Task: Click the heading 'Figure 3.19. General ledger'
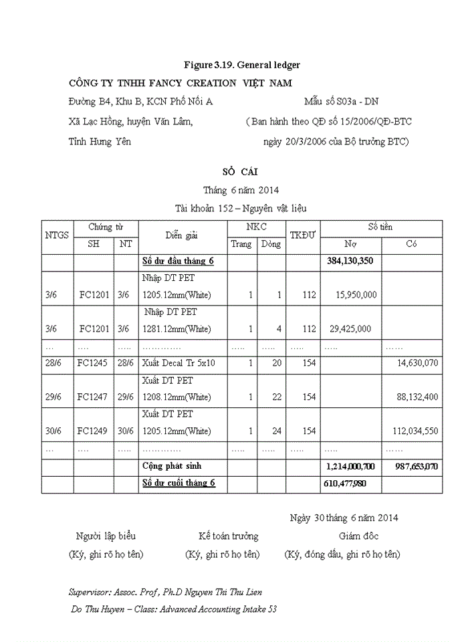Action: [242, 65]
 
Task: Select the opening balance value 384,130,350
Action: [350, 261]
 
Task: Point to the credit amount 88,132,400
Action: [417, 397]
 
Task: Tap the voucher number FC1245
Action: [93, 363]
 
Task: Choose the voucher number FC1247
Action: [93, 397]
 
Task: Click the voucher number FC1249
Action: [93, 431]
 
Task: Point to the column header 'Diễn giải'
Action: [182, 235]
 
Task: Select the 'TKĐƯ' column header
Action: [303, 235]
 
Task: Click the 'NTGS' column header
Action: [57, 235]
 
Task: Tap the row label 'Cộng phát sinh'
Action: [172, 465]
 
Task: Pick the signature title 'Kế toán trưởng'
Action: [228, 536]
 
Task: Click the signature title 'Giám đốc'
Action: [359, 536]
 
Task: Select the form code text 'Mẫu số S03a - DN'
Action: [341, 102]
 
